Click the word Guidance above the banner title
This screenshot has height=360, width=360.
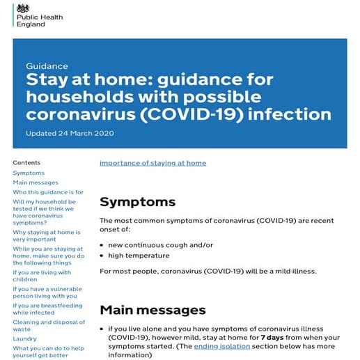(x=47, y=65)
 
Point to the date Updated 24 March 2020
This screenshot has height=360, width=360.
(x=70, y=133)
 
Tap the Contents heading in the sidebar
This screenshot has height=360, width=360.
(x=26, y=162)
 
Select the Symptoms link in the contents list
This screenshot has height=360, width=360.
(x=29, y=173)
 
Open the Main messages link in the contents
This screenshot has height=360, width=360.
(x=36, y=182)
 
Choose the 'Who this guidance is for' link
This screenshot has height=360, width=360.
(x=48, y=192)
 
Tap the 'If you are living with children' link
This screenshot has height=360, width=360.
(x=42, y=276)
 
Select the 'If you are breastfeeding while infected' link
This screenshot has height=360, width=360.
(x=47, y=309)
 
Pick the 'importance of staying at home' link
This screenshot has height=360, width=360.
(x=152, y=163)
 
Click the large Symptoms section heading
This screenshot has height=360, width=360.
(x=137, y=202)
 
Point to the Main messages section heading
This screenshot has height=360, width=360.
(x=152, y=309)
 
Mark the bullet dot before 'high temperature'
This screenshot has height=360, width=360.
(x=102, y=256)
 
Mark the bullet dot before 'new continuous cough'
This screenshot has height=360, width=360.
(x=102, y=245)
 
